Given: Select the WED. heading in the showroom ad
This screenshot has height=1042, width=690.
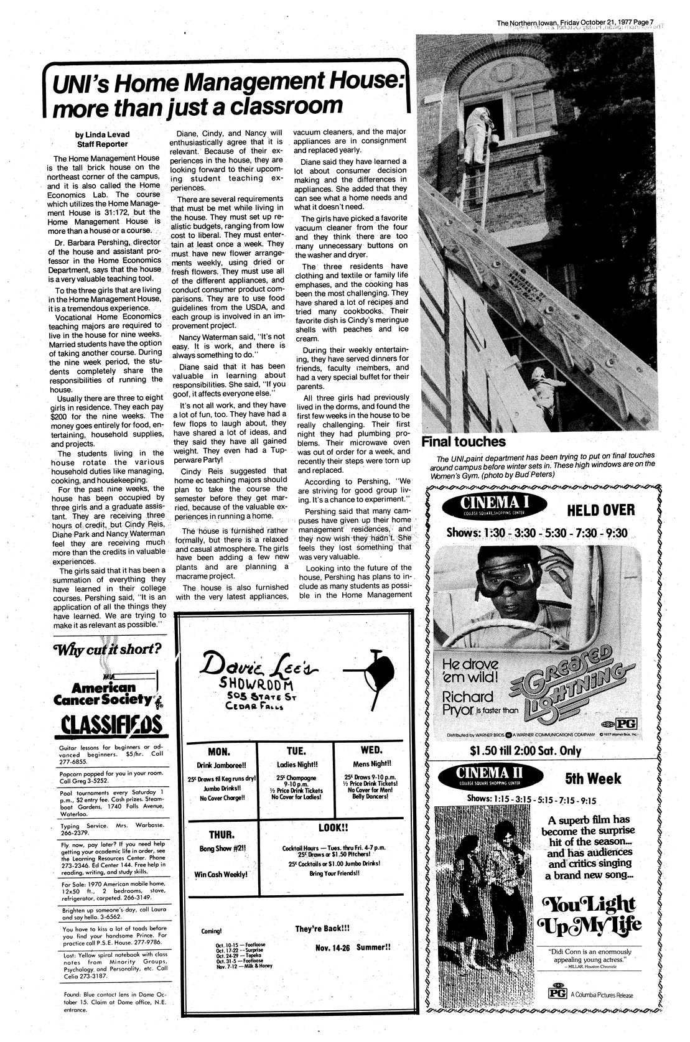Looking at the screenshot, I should (x=371, y=750).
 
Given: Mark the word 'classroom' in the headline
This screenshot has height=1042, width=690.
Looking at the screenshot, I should (x=287, y=106).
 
